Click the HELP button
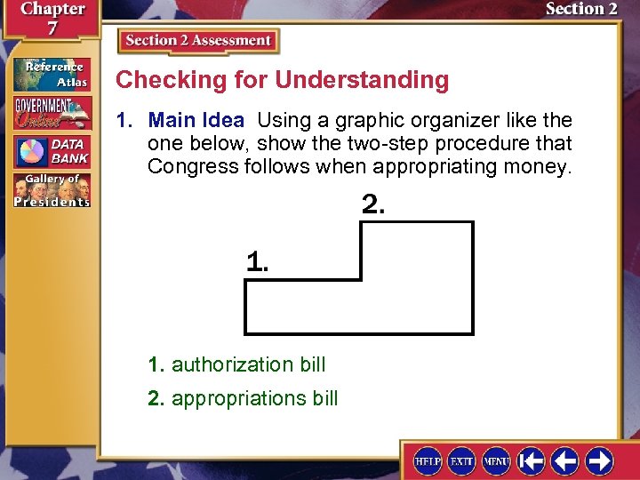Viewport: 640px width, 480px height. pyautogui.click(x=428, y=461)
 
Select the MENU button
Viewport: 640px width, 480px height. pyautogui.click(x=496, y=461)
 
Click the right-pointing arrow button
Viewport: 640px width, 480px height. pyautogui.click(x=598, y=461)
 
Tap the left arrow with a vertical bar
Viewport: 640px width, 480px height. pyautogui.click(x=532, y=461)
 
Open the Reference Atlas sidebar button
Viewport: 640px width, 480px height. pyautogui.click(x=52, y=74)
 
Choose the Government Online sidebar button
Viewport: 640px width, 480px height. pyautogui.click(x=52, y=113)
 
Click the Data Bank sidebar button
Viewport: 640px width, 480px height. pyautogui.click(x=52, y=152)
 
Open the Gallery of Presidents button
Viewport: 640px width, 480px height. pyautogui.click(x=52, y=190)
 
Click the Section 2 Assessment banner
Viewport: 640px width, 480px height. pyautogui.click(x=197, y=41)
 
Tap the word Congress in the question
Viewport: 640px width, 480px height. pyautogui.click(x=187, y=166)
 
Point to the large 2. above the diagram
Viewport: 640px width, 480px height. pyautogui.click(x=373, y=204)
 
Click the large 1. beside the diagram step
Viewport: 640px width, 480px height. pyautogui.click(x=257, y=261)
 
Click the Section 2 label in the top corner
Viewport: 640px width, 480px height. pyautogui.click(x=581, y=10)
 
